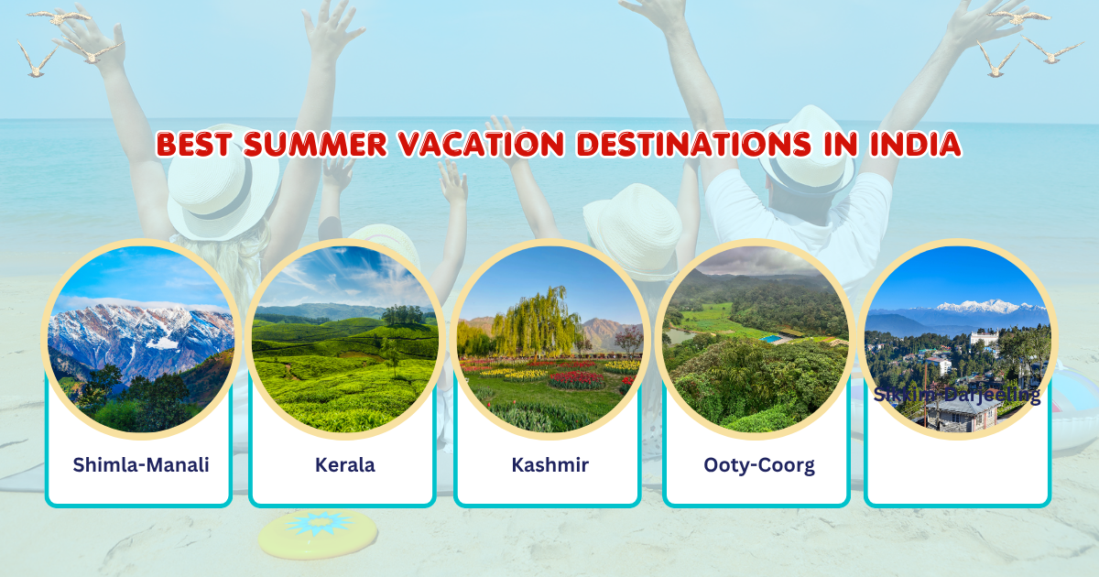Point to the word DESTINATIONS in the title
point(701,145)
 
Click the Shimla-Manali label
point(141,464)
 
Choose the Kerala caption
point(344,464)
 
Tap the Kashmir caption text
point(549,464)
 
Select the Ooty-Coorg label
point(758,464)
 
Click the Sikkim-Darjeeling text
point(957,395)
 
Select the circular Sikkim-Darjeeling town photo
point(957,339)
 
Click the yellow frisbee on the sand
point(318,533)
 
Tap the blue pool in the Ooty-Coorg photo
point(771,339)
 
